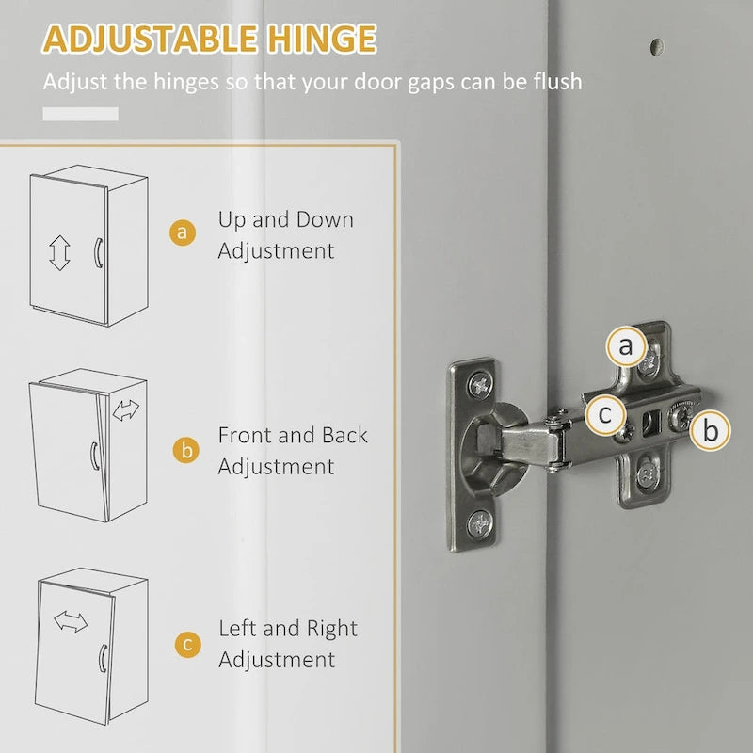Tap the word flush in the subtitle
[x=553, y=82]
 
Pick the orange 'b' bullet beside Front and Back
[x=185, y=450]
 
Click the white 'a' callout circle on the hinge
[x=626, y=347]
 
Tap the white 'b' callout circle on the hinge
[x=711, y=430]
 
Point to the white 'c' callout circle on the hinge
[x=605, y=413]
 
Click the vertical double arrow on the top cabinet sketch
[x=60, y=252]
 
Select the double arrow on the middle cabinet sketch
[x=125, y=409]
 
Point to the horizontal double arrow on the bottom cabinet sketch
[x=70, y=621]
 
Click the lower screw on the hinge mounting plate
[x=649, y=475]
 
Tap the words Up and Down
[x=286, y=220]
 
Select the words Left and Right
[x=288, y=628]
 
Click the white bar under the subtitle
[x=81, y=114]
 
